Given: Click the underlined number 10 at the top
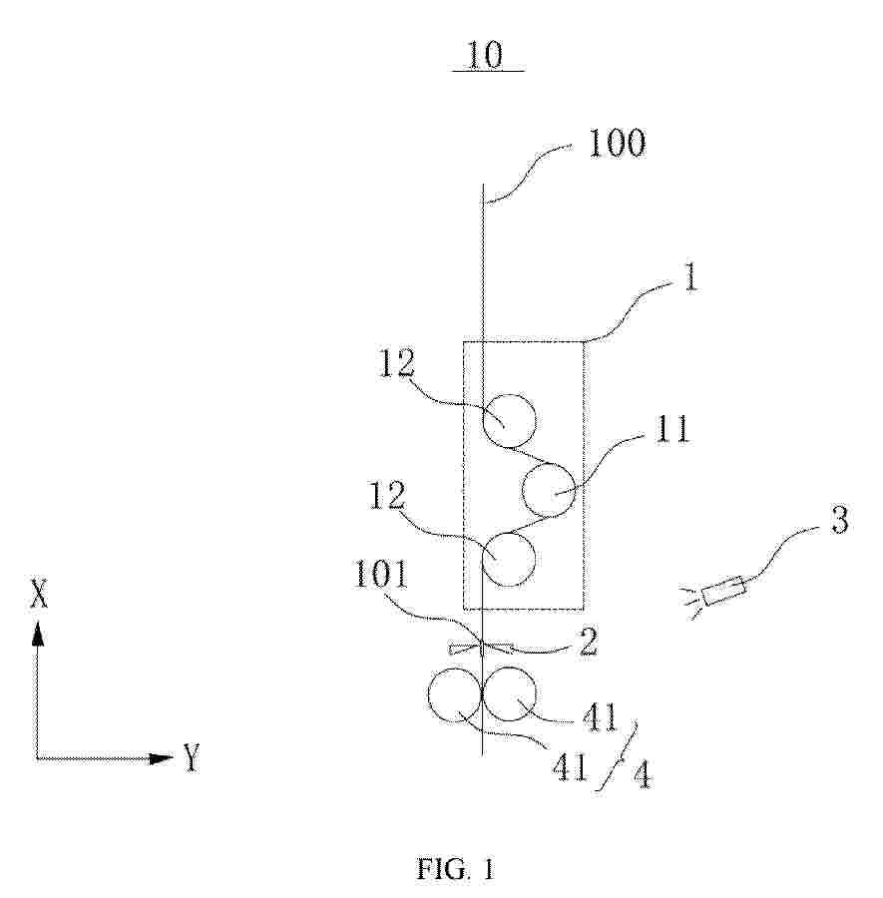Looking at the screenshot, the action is coord(486,56).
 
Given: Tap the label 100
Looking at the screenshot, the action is coord(618,143).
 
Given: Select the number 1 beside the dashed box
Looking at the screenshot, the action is coord(691,279).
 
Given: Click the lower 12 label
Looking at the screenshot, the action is coord(387,495).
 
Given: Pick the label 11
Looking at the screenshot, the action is coord(672,429).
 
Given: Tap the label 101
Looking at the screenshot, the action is coord(381,574).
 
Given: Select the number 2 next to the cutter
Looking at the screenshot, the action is coord(588,642).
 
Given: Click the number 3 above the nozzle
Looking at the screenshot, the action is coord(839,520).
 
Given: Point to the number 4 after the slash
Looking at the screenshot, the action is coord(643,776).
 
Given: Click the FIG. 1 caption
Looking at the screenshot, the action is coord(455,869).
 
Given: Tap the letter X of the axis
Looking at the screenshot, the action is coord(39,594).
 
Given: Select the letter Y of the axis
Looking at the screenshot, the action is coord(192,757).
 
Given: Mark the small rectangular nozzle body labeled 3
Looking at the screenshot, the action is coord(723,590).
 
